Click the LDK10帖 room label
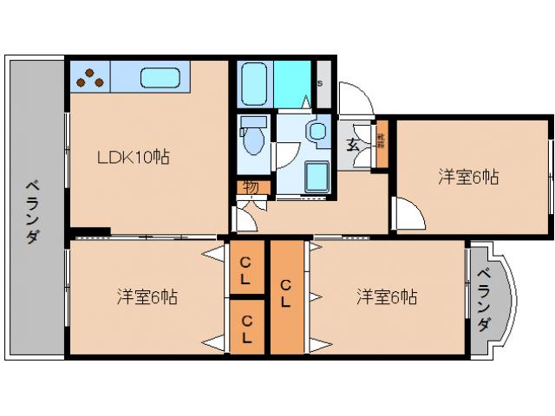coord(133,158)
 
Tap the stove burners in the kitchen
coord(90,79)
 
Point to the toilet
coord(254,138)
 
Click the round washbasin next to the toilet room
coord(317,132)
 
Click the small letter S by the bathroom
coord(321,83)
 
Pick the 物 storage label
coord(251,186)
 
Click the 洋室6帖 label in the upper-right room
coord(467,178)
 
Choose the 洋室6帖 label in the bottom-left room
coord(147,297)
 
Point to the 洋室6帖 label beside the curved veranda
coord(387,297)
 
